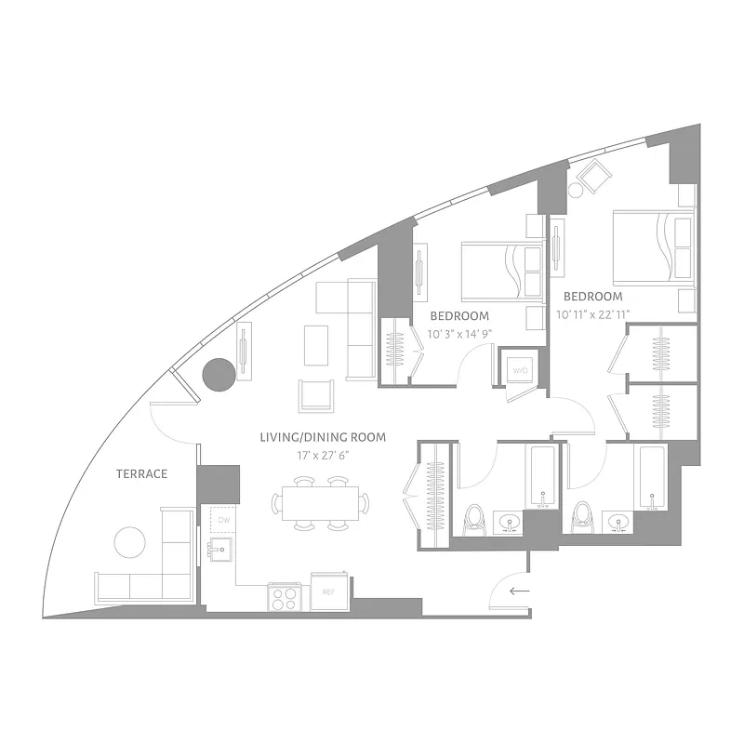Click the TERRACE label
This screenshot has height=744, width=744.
[141, 474]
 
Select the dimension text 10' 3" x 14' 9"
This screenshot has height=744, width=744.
[459, 334]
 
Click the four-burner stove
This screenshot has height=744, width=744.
[284, 596]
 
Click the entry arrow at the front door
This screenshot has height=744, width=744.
[519, 590]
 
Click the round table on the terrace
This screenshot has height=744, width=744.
[129, 541]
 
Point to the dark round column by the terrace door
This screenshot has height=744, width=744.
[219, 375]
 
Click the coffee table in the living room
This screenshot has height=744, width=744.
[315, 345]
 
